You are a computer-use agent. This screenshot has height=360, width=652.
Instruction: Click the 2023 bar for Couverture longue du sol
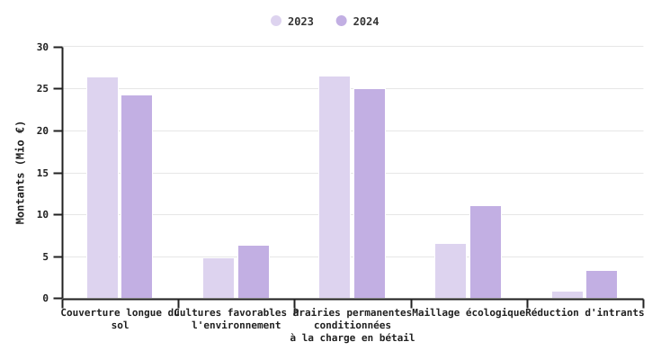[103, 188]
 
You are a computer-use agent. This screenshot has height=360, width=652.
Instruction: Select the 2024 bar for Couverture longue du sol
[137, 197]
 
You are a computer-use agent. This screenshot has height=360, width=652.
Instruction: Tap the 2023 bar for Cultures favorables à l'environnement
[219, 278]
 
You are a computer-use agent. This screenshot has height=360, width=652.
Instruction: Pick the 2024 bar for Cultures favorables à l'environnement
[254, 272]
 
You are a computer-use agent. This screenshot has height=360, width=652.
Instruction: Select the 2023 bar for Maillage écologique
[451, 271]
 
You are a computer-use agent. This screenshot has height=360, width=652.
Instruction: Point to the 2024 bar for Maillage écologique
[486, 252]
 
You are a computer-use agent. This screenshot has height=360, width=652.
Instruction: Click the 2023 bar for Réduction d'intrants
[567, 295]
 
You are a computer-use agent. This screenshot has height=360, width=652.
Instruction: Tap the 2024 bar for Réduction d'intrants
[602, 284]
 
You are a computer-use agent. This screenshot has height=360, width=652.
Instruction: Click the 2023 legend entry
[292, 22]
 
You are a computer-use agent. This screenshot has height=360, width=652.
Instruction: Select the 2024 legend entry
[358, 22]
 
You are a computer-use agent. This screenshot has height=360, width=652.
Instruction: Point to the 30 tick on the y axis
[43, 47]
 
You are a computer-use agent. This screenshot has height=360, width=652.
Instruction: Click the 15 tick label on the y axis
[43, 173]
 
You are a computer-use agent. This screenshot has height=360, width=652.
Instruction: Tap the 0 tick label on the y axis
[46, 299]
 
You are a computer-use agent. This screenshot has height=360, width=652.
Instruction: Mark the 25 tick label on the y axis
[43, 89]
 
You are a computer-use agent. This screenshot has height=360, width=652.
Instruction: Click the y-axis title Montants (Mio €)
[21, 172]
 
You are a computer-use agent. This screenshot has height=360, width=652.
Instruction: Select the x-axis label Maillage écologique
[469, 313]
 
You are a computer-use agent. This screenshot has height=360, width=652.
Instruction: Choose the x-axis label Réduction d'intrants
[585, 313]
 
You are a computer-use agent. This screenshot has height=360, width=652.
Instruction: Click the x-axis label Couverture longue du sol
[121, 319]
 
